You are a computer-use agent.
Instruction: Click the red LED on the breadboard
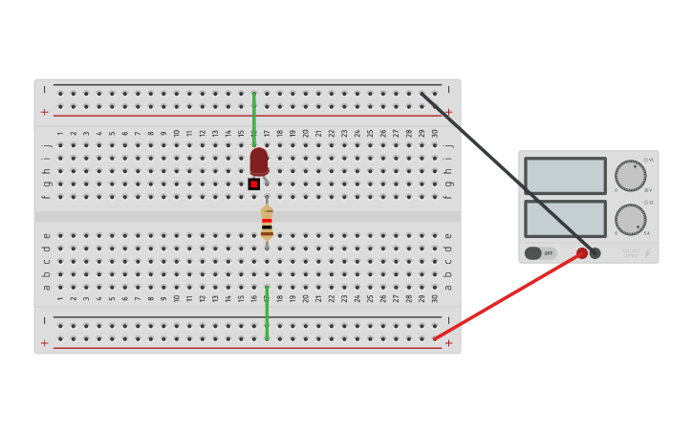coord(259,160)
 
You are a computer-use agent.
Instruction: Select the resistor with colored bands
coord(267,224)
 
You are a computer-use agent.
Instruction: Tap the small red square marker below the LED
coord(254,184)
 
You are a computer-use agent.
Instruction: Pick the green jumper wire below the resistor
coord(267,312)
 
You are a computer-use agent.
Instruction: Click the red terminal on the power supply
coord(582,253)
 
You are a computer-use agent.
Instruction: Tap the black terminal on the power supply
coord(596,253)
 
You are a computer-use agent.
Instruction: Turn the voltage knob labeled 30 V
coord(630,176)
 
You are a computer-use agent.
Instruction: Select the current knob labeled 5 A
coord(630,219)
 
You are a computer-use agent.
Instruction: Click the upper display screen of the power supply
coord(565,176)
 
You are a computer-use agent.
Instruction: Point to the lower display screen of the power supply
coord(565,219)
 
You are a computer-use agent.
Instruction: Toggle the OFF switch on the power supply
coord(540,253)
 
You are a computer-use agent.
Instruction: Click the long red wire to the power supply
coord(507,296)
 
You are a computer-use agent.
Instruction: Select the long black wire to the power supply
coord(507,171)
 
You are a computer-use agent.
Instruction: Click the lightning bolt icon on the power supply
coord(647,253)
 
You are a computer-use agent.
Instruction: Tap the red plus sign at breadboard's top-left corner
coord(44,112)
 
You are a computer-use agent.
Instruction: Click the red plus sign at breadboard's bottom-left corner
coord(44,343)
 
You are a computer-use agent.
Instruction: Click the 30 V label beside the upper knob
coord(648,190)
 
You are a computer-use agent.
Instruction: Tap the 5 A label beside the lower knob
coord(647,233)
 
